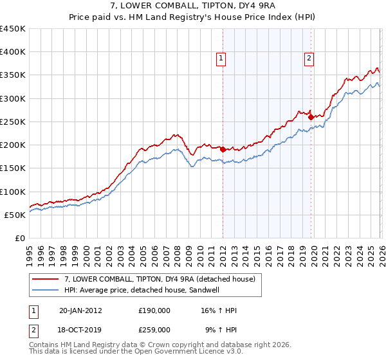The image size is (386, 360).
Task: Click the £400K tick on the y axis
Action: pos(13,52)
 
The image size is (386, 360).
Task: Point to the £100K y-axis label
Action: pos(13,192)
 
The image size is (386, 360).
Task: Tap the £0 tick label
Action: pos(19,238)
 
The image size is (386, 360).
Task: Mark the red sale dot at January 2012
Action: pos(223,149)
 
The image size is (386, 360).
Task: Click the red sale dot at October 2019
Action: pos(311,117)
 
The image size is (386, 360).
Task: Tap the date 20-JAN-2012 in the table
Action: pos(80,310)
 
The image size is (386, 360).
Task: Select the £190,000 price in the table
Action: pos(154,310)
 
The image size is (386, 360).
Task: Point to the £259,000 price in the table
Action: pos(154,329)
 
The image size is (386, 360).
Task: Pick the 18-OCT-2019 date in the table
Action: pos(80,329)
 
